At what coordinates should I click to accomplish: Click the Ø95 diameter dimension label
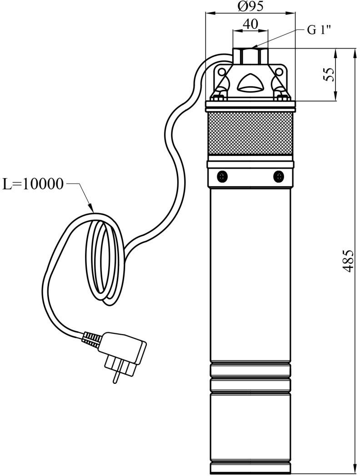[x=250, y=6]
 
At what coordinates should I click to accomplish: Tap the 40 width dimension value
[x=250, y=24]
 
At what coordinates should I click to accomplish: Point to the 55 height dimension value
[x=329, y=74]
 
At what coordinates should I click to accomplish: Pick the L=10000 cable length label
[x=33, y=184]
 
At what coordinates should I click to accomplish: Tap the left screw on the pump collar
[x=222, y=176]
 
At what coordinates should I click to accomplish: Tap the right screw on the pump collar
[x=278, y=176]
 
